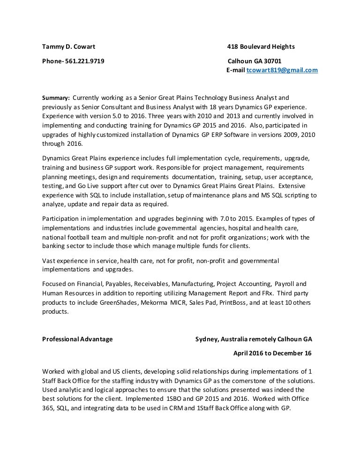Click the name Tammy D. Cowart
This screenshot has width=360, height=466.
68,46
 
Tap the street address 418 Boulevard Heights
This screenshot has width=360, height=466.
261,46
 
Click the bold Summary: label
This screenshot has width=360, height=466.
56,98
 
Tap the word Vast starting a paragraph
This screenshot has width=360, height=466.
49,260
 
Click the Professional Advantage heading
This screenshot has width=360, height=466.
77,339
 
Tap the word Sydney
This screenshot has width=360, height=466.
206,339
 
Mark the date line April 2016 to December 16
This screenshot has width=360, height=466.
272,353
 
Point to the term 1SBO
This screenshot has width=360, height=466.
176,398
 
